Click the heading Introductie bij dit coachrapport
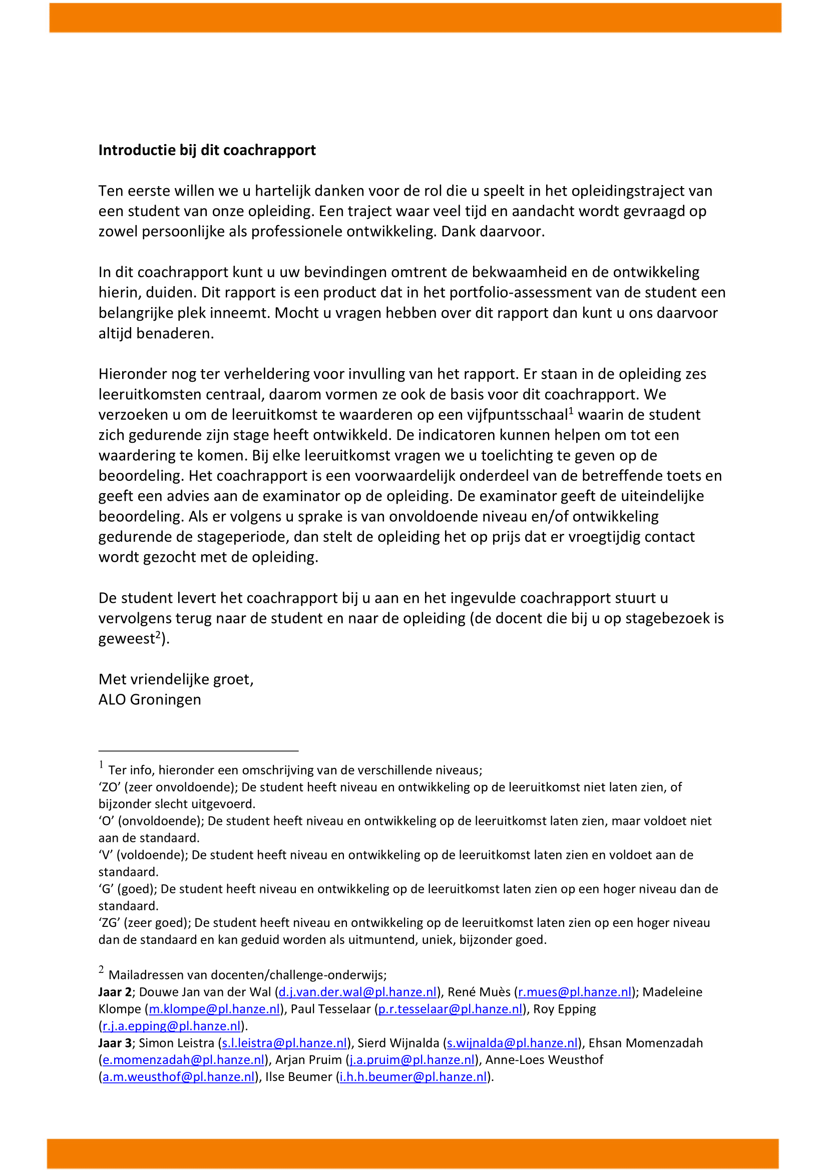[207, 151]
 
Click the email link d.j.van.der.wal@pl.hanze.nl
[357, 992]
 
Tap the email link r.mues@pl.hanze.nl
[575, 992]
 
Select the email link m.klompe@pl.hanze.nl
[215, 1009]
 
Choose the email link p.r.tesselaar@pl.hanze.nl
[450, 1009]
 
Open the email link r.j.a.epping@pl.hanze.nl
[171, 1026]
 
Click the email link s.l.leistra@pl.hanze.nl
[284, 1043]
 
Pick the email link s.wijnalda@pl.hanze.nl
[513, 1043]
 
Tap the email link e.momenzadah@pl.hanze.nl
[184, 1060]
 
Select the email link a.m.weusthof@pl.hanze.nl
[178, 1077]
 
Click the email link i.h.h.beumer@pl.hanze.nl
[413, 1077]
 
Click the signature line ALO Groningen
[150, 700]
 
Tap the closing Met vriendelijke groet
[176, 679]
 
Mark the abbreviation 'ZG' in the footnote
[109, 923]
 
